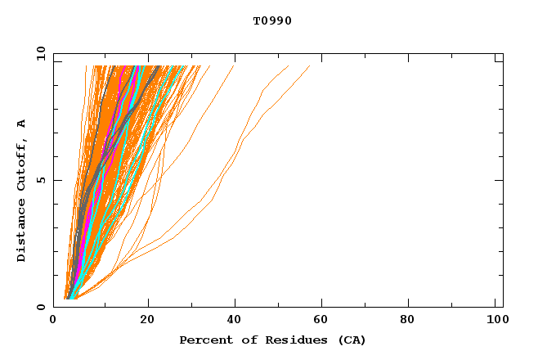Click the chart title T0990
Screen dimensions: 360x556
pos(272,21)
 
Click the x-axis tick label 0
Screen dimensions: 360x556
pos(53,321)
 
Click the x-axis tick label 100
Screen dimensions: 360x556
pos(495,321)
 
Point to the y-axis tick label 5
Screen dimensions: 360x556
pos(42,180)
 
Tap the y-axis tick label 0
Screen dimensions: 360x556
pos(42,307)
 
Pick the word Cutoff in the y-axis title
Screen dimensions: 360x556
pos(22,164)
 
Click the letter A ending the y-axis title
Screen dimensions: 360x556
pos(22,124)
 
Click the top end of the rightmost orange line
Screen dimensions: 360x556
pos(310,66)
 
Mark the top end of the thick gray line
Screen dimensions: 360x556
pos(159,66)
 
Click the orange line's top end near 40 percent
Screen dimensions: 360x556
pos(234,66)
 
